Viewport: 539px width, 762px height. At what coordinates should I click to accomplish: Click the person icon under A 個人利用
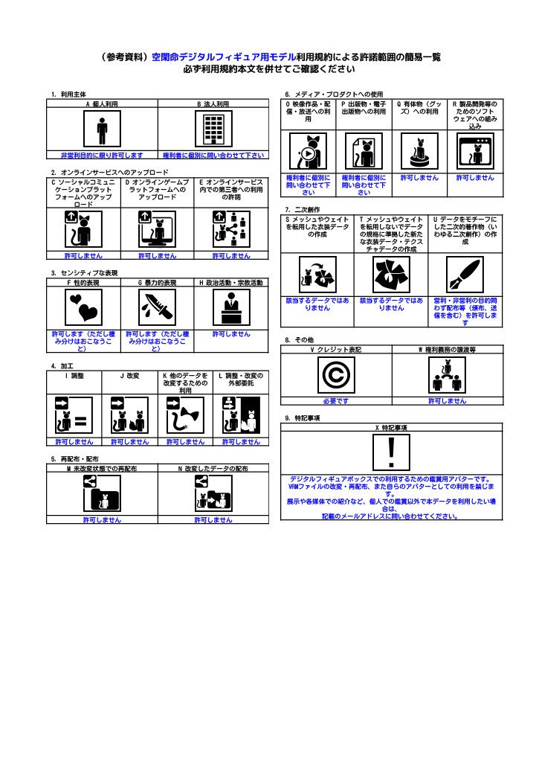tap(102, 131)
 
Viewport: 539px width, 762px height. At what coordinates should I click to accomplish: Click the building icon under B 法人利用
tap(213, 131)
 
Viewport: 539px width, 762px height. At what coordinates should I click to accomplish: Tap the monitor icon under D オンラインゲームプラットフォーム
tap(157, 229)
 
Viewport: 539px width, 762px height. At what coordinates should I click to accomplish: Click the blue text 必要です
tap(335, 401)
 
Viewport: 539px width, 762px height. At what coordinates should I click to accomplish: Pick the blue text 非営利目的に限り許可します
tap(102, 155)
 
